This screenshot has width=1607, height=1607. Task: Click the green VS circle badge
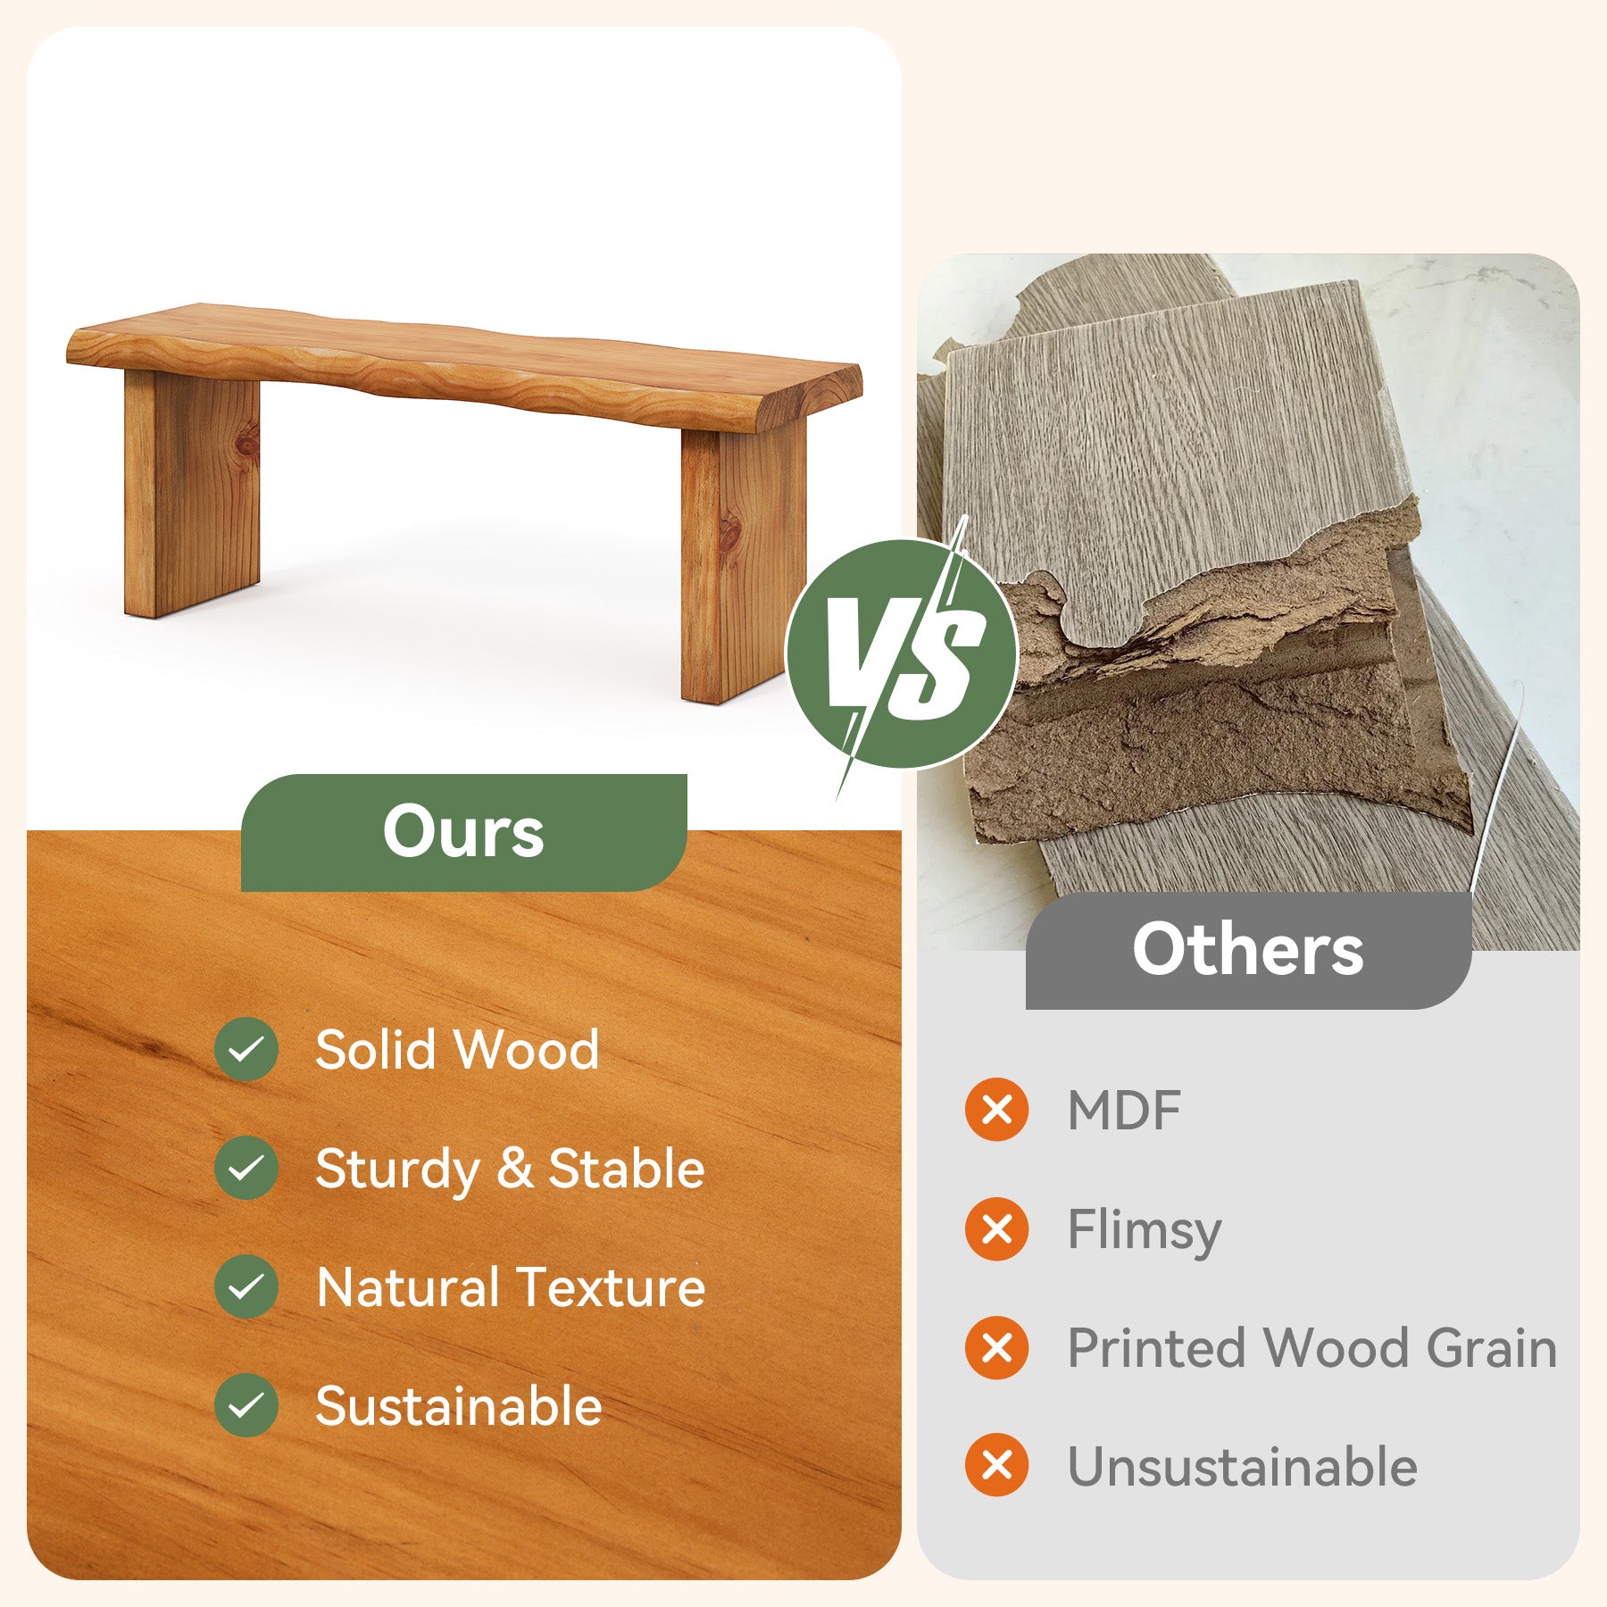pos(901,654)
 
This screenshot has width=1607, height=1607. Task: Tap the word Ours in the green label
pos(463,831)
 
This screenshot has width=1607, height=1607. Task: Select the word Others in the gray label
pos(1247,949)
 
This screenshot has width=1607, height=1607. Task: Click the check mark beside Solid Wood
pos(246,1049)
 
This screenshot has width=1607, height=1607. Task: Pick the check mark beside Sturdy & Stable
pos(246,1168)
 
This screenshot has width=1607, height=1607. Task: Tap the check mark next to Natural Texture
pos(246,1286)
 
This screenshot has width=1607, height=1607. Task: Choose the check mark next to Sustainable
pos(246,1406)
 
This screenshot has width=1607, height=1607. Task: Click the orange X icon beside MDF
pos(996,1110)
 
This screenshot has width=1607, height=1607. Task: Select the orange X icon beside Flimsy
pos(996,1229)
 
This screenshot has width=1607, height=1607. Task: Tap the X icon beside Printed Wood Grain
pos(996,1347)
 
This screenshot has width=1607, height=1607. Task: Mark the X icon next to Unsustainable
pos(996,1466)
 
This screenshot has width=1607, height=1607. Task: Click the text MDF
pos(1124,1111)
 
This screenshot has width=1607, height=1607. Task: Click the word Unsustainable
pos(1242,1467)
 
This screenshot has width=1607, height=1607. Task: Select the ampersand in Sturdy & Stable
pos(514,1168)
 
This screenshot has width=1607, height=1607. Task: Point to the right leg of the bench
pos(741,562)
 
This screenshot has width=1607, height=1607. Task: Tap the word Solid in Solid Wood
pos(374,1049)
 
